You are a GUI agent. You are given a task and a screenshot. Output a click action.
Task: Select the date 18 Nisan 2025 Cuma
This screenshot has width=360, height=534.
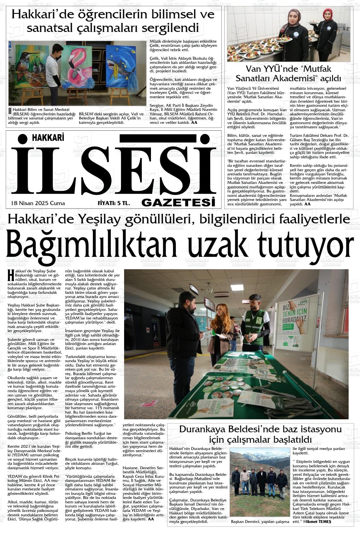38,203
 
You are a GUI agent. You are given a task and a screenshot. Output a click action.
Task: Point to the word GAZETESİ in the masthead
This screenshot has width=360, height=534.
178,202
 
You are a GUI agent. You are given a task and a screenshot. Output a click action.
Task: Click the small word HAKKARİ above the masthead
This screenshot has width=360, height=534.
48,137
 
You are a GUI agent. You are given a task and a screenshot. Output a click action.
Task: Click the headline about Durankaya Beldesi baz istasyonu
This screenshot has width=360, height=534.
260,434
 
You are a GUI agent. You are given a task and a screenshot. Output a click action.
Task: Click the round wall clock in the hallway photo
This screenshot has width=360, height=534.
209,290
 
